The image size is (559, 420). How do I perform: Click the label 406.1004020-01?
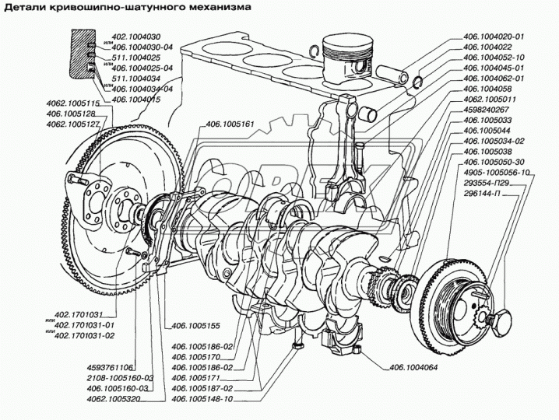pyautogui.click(x=494, y=37)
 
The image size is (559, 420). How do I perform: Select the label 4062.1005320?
pyautogui.click(x=114, y=398)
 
